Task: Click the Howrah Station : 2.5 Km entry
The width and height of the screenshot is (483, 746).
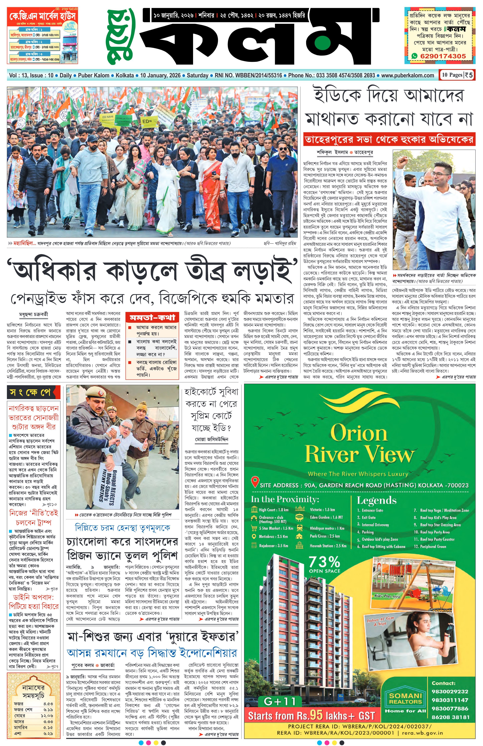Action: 328,546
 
